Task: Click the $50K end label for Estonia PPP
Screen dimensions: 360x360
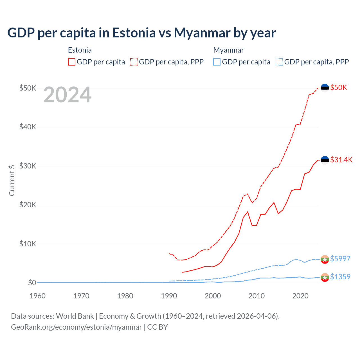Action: click(x=339, y=88)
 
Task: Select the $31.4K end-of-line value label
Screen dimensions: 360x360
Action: click(x=341, y=160)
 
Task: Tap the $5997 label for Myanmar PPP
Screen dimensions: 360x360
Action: click(x=340, y=259)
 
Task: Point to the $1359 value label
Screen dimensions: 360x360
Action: click(x=340, y=277)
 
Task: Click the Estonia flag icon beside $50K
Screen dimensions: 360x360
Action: click(x=325, y=88)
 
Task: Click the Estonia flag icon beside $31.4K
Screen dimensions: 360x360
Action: click(x=325, y=160)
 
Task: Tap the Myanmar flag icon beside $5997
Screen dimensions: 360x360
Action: click(x=325, y=259)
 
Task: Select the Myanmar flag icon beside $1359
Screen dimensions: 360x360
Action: click(x=325, y=277)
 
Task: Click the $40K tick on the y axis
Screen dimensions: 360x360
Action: click(x=28, y=127)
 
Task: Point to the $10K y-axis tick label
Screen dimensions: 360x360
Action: click(x=28, y=244)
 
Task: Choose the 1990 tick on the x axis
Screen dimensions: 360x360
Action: click(x=169, y=296)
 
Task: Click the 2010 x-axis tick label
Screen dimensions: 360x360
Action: click(x=256, y=296)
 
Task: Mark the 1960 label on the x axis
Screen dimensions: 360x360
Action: click(x=38, y=296)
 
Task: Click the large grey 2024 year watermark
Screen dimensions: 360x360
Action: click(x=67, y=95)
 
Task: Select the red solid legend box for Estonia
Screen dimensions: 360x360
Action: click(x=72, y=62)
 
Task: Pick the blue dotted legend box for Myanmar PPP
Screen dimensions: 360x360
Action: click(x=279, y=62)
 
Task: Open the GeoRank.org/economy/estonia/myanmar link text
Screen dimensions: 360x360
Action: click(x=76, y=327)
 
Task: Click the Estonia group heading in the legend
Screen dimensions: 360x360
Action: click(x=80, y=50)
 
